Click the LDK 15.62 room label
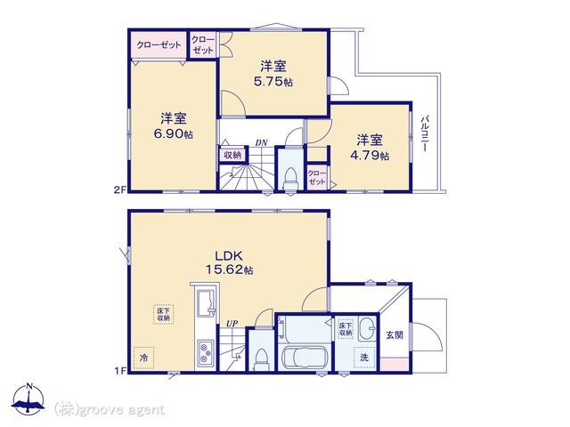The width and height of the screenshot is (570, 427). pyautogui.click(x=230, y=263)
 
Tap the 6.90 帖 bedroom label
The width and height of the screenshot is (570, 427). pyautogui.click(x=174, y=126)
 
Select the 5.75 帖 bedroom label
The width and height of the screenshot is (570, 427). pyautogui.click(x=273, y=74)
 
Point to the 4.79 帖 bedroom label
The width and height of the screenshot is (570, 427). pyautogui.click(x=370, y=148)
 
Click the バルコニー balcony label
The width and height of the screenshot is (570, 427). pyautogui.click(x=425, y=133)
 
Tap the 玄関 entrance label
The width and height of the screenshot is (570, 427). pyautogui.click(x=395, y=334)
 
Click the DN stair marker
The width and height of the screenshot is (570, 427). pyautogui.click(x=261, y=142)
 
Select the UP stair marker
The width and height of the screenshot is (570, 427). pyautogui.click(x=232, y=323)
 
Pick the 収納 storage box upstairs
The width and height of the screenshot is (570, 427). pyautogui.click(x=232, y=155)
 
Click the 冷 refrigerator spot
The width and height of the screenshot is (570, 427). pyautogui.click(x=144, y=358)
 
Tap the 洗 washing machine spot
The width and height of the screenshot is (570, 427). pyautogui.click(x=364, y=358)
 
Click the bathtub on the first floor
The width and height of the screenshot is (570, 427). pyautogui.click(x=305, y=358)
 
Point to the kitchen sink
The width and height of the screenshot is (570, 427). pyautogui.click(x=206, y=304)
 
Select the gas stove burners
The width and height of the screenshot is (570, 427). pyautogui.click(x=206, y=353)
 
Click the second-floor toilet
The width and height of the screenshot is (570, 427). pyautogui.click(x=291, y=179)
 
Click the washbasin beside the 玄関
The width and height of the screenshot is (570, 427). pyautogui.click(x=368, y=328)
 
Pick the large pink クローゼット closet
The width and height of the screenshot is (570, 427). pyautogui.click(x=159, y=45)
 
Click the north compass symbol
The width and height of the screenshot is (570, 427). pyautogui.click(x=28, y=399)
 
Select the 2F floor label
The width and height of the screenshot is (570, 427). pyautogui.click(x=120, y=189)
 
